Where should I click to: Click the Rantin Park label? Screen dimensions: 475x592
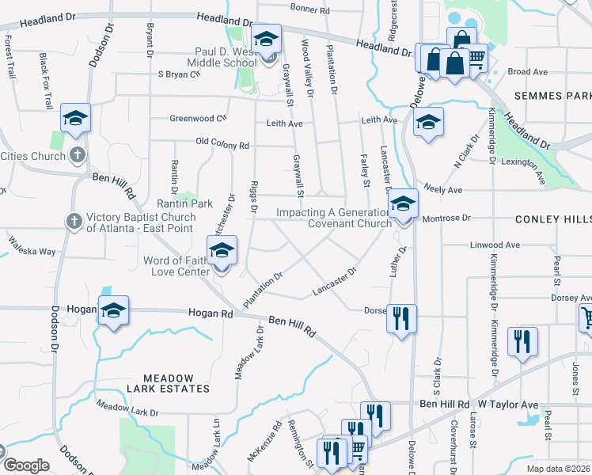tap(184, 203)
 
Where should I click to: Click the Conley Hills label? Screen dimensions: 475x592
tap(553, 218)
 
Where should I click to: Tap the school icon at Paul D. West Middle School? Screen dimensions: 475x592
tap(267, 38)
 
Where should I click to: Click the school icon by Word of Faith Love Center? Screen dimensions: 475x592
tap(222, 251)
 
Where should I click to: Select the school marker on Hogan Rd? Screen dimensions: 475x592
tap(113, 311)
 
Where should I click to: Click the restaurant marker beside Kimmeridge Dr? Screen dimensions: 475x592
tap(522, 341)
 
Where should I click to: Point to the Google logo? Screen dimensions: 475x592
tap(25, 465)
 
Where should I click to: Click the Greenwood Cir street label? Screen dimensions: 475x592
tap(198, 119)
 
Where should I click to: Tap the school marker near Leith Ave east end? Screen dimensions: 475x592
tap(428, 122)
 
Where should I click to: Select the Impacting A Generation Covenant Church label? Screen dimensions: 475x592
tap(333, 218)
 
